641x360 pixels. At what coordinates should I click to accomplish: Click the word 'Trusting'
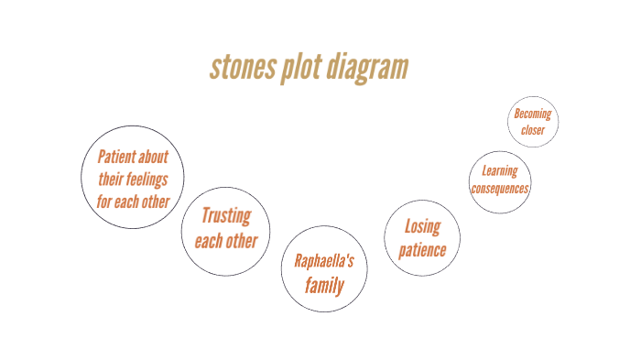tap(225, 217)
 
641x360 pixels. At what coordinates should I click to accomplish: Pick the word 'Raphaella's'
tap(324, 261)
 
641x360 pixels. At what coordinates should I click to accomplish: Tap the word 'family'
tap(324, 286)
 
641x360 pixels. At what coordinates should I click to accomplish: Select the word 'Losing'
tap(422, 226)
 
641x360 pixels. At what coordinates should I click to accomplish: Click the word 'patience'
tap(422, 249)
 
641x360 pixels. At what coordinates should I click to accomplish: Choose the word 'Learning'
tap(500, 170)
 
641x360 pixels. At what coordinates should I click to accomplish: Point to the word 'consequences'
tap(500, 189)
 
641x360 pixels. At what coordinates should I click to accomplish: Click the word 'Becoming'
tap(533, 115)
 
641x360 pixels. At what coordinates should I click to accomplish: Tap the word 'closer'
tap(533, 130)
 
